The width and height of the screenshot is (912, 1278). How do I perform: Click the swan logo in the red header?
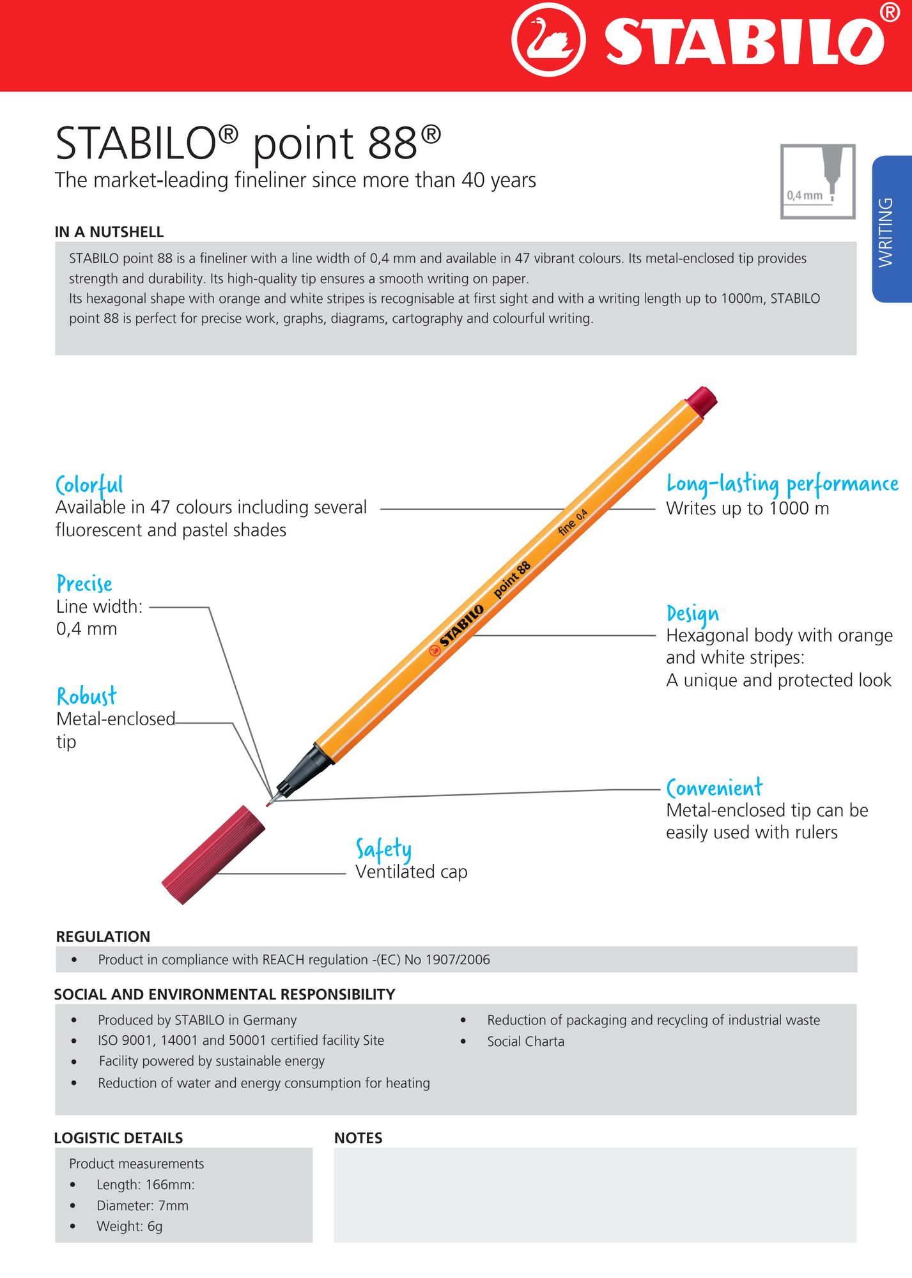(x=548, y=40)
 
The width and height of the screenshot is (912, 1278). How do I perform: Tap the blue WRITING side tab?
(x=891, y=230)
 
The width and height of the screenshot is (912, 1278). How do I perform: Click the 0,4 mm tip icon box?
(x=817, y=181)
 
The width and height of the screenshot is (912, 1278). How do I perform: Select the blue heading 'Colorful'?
(x=89, y=485)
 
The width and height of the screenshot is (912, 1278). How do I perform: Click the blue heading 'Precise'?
(x=84, y=583)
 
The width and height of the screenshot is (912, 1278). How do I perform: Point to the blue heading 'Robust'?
(x=86, y=696)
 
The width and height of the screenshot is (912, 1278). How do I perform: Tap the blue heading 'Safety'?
(x=383, y=849)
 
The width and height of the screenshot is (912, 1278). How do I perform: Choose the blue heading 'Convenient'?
(x=714, y=788)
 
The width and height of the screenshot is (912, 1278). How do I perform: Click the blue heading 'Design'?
(x=692, y=613)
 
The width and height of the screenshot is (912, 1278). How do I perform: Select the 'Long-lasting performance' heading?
(x=782, y=484)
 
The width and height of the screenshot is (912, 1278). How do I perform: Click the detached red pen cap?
(x=213, y=854)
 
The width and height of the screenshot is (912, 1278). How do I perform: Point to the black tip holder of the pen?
(x=305, y=771)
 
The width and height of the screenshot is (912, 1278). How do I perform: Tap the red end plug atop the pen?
(x=701, y=401)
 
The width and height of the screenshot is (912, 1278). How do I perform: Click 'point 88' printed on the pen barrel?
(x=512, y=579)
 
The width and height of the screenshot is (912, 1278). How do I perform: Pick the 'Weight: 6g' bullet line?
(x=129, y=1226)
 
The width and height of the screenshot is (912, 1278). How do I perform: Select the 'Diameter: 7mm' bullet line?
(x=142, y=1206)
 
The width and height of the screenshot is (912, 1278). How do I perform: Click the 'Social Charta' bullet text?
(x=525, y=1042)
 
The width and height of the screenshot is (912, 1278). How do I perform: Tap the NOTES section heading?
(x=358, y=1138)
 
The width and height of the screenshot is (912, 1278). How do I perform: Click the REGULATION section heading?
(x=103, y=937)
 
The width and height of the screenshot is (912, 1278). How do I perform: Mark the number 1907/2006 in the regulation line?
(x=458, y=960)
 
